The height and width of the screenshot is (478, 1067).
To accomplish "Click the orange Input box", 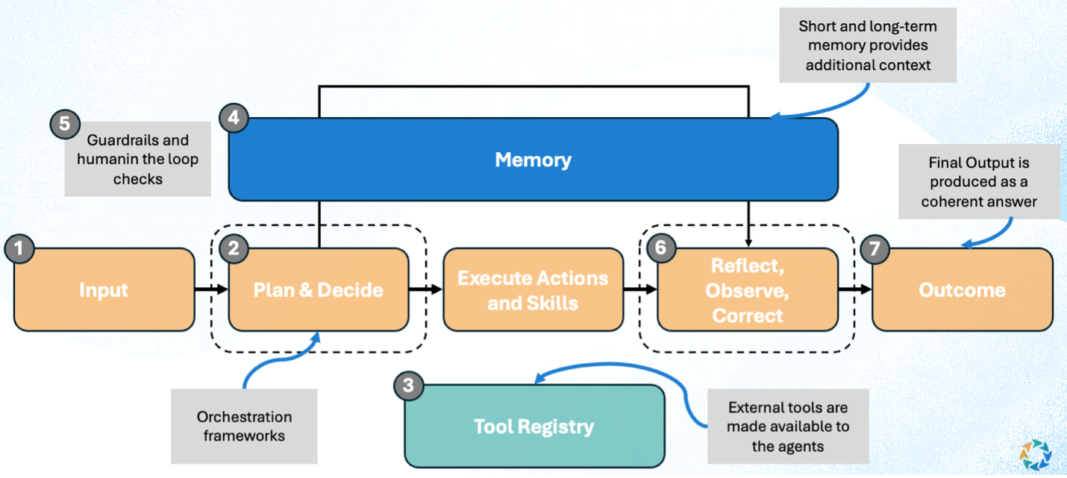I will [104, 289].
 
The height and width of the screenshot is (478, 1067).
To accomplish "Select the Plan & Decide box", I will [319, 289].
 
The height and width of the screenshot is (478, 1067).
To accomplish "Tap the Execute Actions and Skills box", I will [533, 289].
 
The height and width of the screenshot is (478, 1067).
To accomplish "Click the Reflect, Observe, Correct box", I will [747, 289].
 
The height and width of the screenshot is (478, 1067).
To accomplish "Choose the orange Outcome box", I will [962, 289].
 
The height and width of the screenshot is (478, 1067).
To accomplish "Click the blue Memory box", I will [533, 160].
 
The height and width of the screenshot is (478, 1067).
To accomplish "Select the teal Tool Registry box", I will [534, 426].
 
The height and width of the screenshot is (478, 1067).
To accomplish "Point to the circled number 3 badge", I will [408, 386].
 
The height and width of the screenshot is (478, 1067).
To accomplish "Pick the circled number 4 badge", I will [234, 119].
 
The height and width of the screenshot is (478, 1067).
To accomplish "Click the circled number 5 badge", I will [64, 124].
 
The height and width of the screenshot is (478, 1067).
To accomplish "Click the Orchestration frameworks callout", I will [244, 426].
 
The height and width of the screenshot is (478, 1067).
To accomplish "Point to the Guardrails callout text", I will [137, 159].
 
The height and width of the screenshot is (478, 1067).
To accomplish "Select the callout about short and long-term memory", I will [867, 45].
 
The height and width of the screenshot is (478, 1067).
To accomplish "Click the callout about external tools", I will [788, 427].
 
